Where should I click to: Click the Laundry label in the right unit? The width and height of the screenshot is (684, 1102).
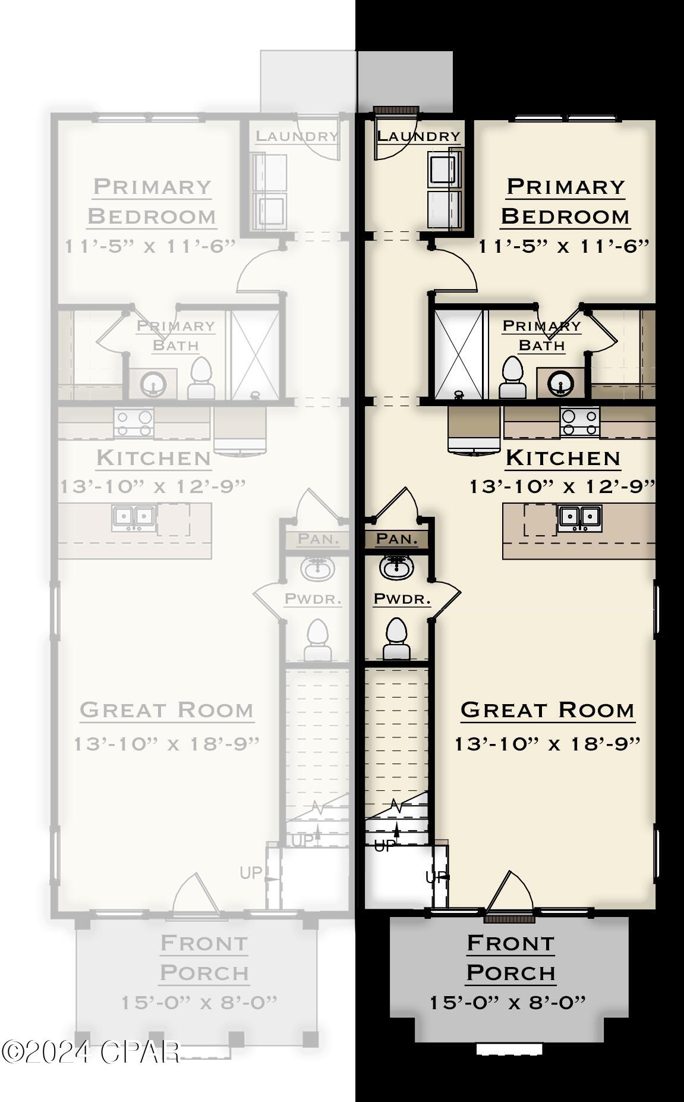(x=419, y=136)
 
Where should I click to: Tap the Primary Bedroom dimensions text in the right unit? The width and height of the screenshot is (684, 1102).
(x=564, y=246)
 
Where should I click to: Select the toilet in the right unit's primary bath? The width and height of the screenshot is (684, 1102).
(x=512, y=378)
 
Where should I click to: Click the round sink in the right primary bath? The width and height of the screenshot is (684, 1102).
(x=559, y=383)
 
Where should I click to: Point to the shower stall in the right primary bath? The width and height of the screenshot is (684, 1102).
(x=458, y=354)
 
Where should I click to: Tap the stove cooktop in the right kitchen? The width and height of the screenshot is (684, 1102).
(x=579, y=422)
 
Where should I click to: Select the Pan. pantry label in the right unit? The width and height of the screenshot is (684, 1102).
(x=397, y=539)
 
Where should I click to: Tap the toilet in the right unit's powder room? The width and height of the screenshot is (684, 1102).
(x=396, y=639)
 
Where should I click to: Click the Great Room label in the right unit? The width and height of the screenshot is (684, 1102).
(x=547, y=710)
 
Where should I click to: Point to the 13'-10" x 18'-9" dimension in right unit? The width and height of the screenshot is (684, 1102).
(x=547, y=744)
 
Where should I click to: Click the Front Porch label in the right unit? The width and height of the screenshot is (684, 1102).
(x=510, y=957)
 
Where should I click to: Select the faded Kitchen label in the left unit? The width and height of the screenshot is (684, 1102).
(x=153, y=458)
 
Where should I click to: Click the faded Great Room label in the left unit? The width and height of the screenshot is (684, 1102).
(x=166, y=710)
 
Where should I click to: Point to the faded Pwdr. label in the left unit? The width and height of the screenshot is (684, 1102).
(x=313, y=599)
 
